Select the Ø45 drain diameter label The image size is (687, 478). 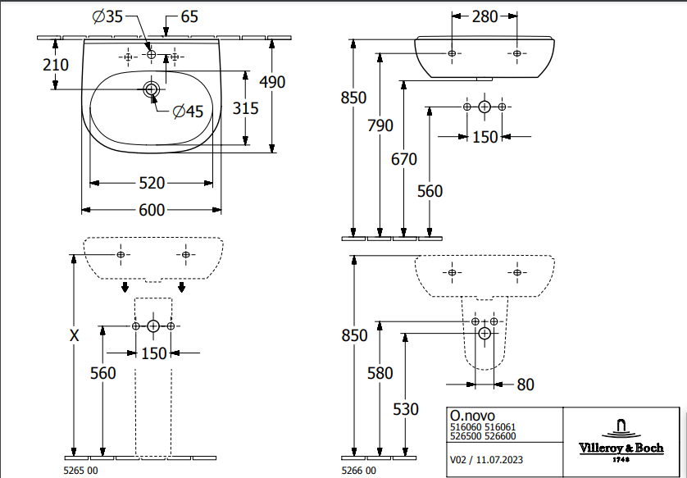coord(188,112)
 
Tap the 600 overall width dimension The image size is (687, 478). coord(151,210)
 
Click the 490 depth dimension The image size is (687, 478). coord(271,81)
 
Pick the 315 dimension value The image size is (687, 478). coord(245,108)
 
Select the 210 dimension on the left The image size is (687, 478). coord(56,64)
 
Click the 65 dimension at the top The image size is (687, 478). coord(189,17)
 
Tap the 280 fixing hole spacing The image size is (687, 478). coord(485,16)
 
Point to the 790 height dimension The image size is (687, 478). coord(380,125)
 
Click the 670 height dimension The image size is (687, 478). coord(404,159)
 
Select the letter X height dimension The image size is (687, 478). coord(75,335)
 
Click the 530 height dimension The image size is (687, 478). coord(405,409)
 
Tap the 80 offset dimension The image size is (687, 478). coord(525,384)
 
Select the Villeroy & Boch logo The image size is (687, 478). coord(622,435)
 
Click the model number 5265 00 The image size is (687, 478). coord(80,471)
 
